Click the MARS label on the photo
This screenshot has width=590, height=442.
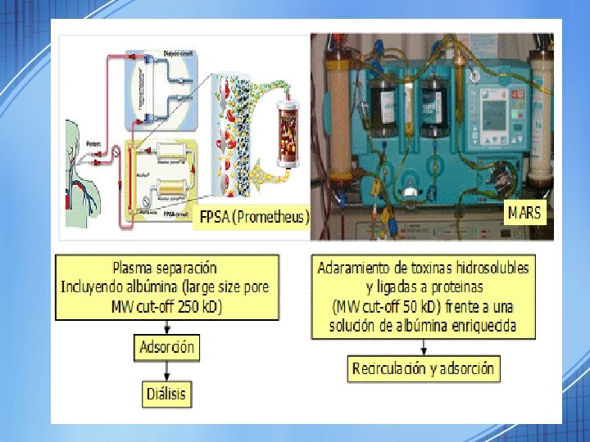[x=524, y=214]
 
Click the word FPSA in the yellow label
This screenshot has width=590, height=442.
[x=220, y=218]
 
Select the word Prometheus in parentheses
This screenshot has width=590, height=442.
[x=275, y=218]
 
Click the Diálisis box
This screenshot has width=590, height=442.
[x=166, y=393]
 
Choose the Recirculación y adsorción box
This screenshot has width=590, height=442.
[x=423, y=368]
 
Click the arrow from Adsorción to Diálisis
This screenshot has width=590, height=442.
[x=166, y=370]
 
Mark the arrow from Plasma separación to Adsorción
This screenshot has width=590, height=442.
[x=166, y=326]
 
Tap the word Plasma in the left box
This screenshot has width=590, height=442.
[x=137, y=267]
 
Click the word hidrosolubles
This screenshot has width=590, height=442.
[x=488, y=268]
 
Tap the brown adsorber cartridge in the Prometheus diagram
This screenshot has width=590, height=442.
[x=289, y=133]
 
